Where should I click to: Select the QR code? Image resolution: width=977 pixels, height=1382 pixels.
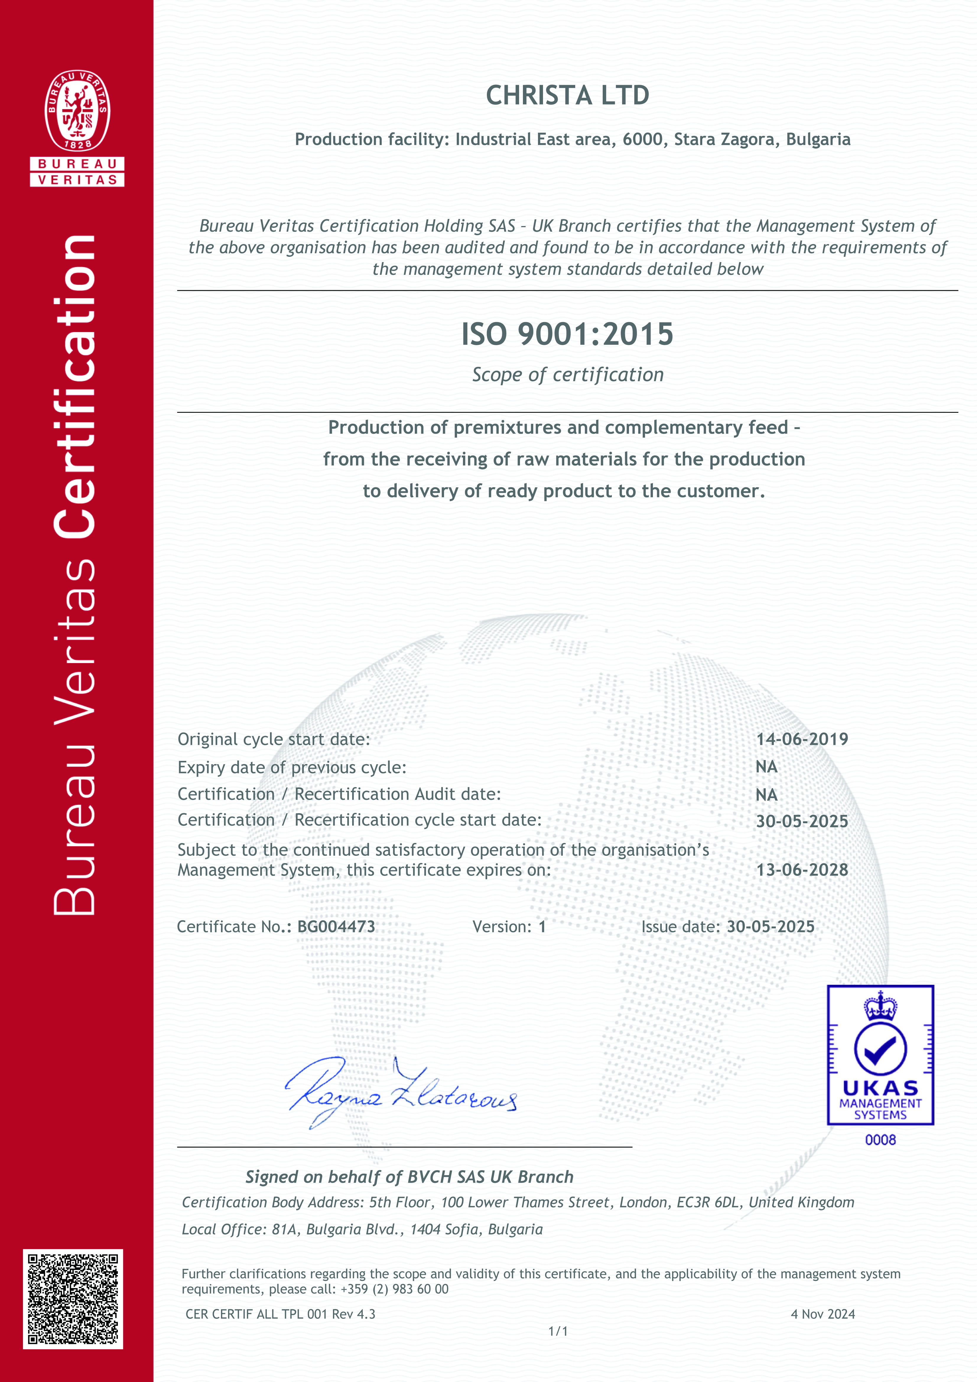click(73, 1298)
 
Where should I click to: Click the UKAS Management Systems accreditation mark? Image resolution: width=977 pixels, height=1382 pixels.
click(880, 1055)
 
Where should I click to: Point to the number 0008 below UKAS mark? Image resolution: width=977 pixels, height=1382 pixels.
click(880, 1139)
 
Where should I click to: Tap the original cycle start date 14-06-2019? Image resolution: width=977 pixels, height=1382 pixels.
click(802, 739)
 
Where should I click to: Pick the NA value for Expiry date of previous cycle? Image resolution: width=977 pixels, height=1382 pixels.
click(766, 767)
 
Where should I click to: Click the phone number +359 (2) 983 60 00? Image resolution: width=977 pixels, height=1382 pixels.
click(394, 1289)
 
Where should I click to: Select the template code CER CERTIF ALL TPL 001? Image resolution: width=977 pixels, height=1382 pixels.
click(256, 1314)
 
